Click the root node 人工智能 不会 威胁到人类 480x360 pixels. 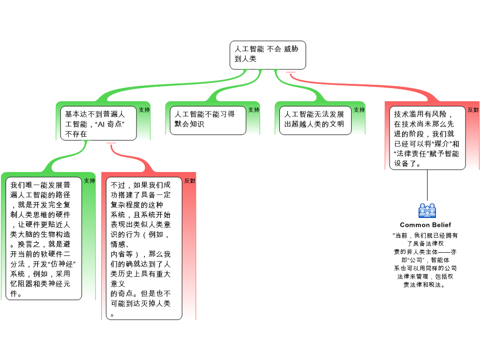pos(267,54)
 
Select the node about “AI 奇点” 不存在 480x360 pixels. pos(98,124)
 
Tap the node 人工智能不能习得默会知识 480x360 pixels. pos(208,120)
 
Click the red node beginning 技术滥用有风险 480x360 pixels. pos(427,139)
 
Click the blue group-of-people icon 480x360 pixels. pos(427,211)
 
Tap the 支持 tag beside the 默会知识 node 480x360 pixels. pos(254,110)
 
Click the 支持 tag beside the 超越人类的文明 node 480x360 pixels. pos(359,110)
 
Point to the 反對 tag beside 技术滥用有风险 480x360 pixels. pos(473,110)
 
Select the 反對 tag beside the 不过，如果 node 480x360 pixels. pos(190,181)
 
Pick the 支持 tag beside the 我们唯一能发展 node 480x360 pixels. pos(90,181)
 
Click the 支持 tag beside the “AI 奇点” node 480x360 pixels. pos(144,110)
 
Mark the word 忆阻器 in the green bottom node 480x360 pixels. pos(21,284)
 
